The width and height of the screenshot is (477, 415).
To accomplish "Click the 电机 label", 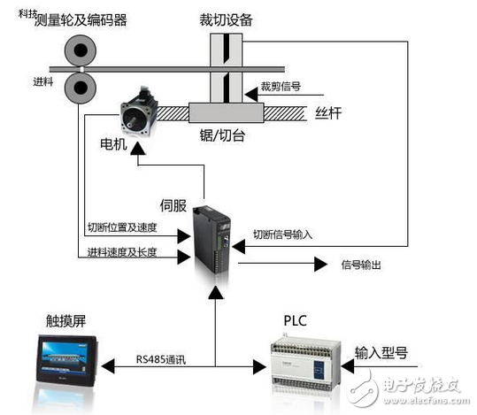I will click(x=115, y=142).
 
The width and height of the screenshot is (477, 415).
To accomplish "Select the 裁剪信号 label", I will click(x=281, y=88).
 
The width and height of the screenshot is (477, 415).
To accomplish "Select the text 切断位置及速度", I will click(x=123, y=227).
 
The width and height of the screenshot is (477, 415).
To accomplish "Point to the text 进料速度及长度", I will click(x=123, y=253).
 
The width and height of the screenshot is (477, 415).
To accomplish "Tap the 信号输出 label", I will click(x=362, y=264).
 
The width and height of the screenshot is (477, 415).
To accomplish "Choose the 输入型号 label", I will click(x=381, y=351).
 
